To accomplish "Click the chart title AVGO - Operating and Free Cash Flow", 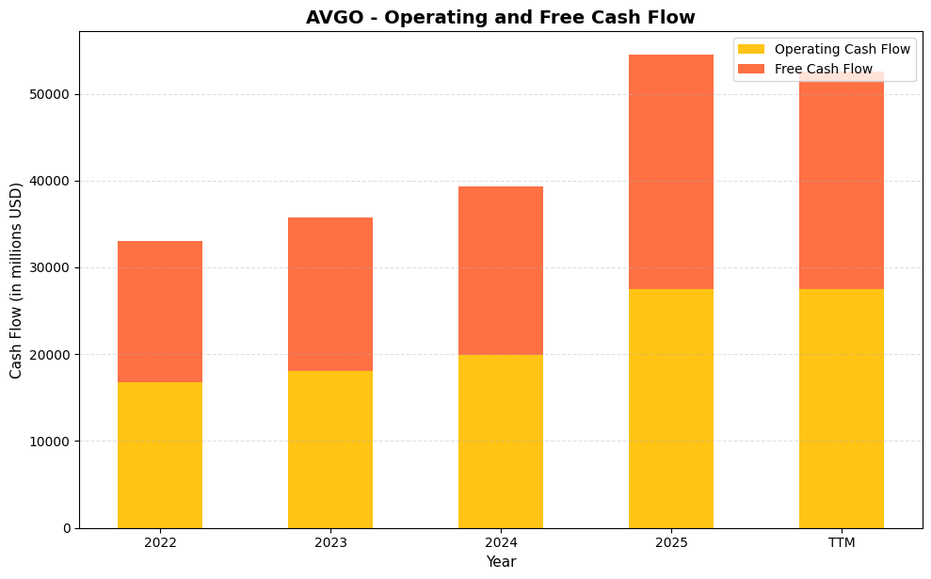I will pyautogui.click(x=500, y=17).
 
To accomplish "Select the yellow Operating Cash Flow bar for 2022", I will pyautogui.click(x=160, y=455).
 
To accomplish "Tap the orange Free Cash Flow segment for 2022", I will pyautogui.click(x=160, y=312).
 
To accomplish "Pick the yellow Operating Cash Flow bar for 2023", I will pyautogui.click(x=330, y=449).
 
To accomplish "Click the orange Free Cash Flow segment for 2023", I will pyautogui.click(x=330, y=294).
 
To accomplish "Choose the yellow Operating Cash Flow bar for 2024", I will pyautogui.click(x=500, y=441).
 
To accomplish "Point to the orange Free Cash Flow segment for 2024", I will pyautogui.click(x=500, y=270).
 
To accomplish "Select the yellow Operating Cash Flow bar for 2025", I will pyautogui.click(x=670, y=408).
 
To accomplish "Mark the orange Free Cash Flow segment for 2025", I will pyautogui.click(x=670, y=171).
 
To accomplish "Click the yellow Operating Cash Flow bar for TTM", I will pyautogui.click(x=841, y=408).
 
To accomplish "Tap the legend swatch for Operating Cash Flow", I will pyautogui.click(x=751, y=49).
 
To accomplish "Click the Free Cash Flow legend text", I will pyautogui.click(x=823, y=69).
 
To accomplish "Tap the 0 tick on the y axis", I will pyautogui.click(x=66, y=528).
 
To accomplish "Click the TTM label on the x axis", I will pyautogui.click(x=841, y=543).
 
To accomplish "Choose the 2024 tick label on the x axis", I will pyautogui.click(x=500, y=543).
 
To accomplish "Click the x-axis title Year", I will pyautogui.click(x=500, y=562).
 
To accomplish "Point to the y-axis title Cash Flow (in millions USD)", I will pyautogui.click(x=16, y=280).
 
